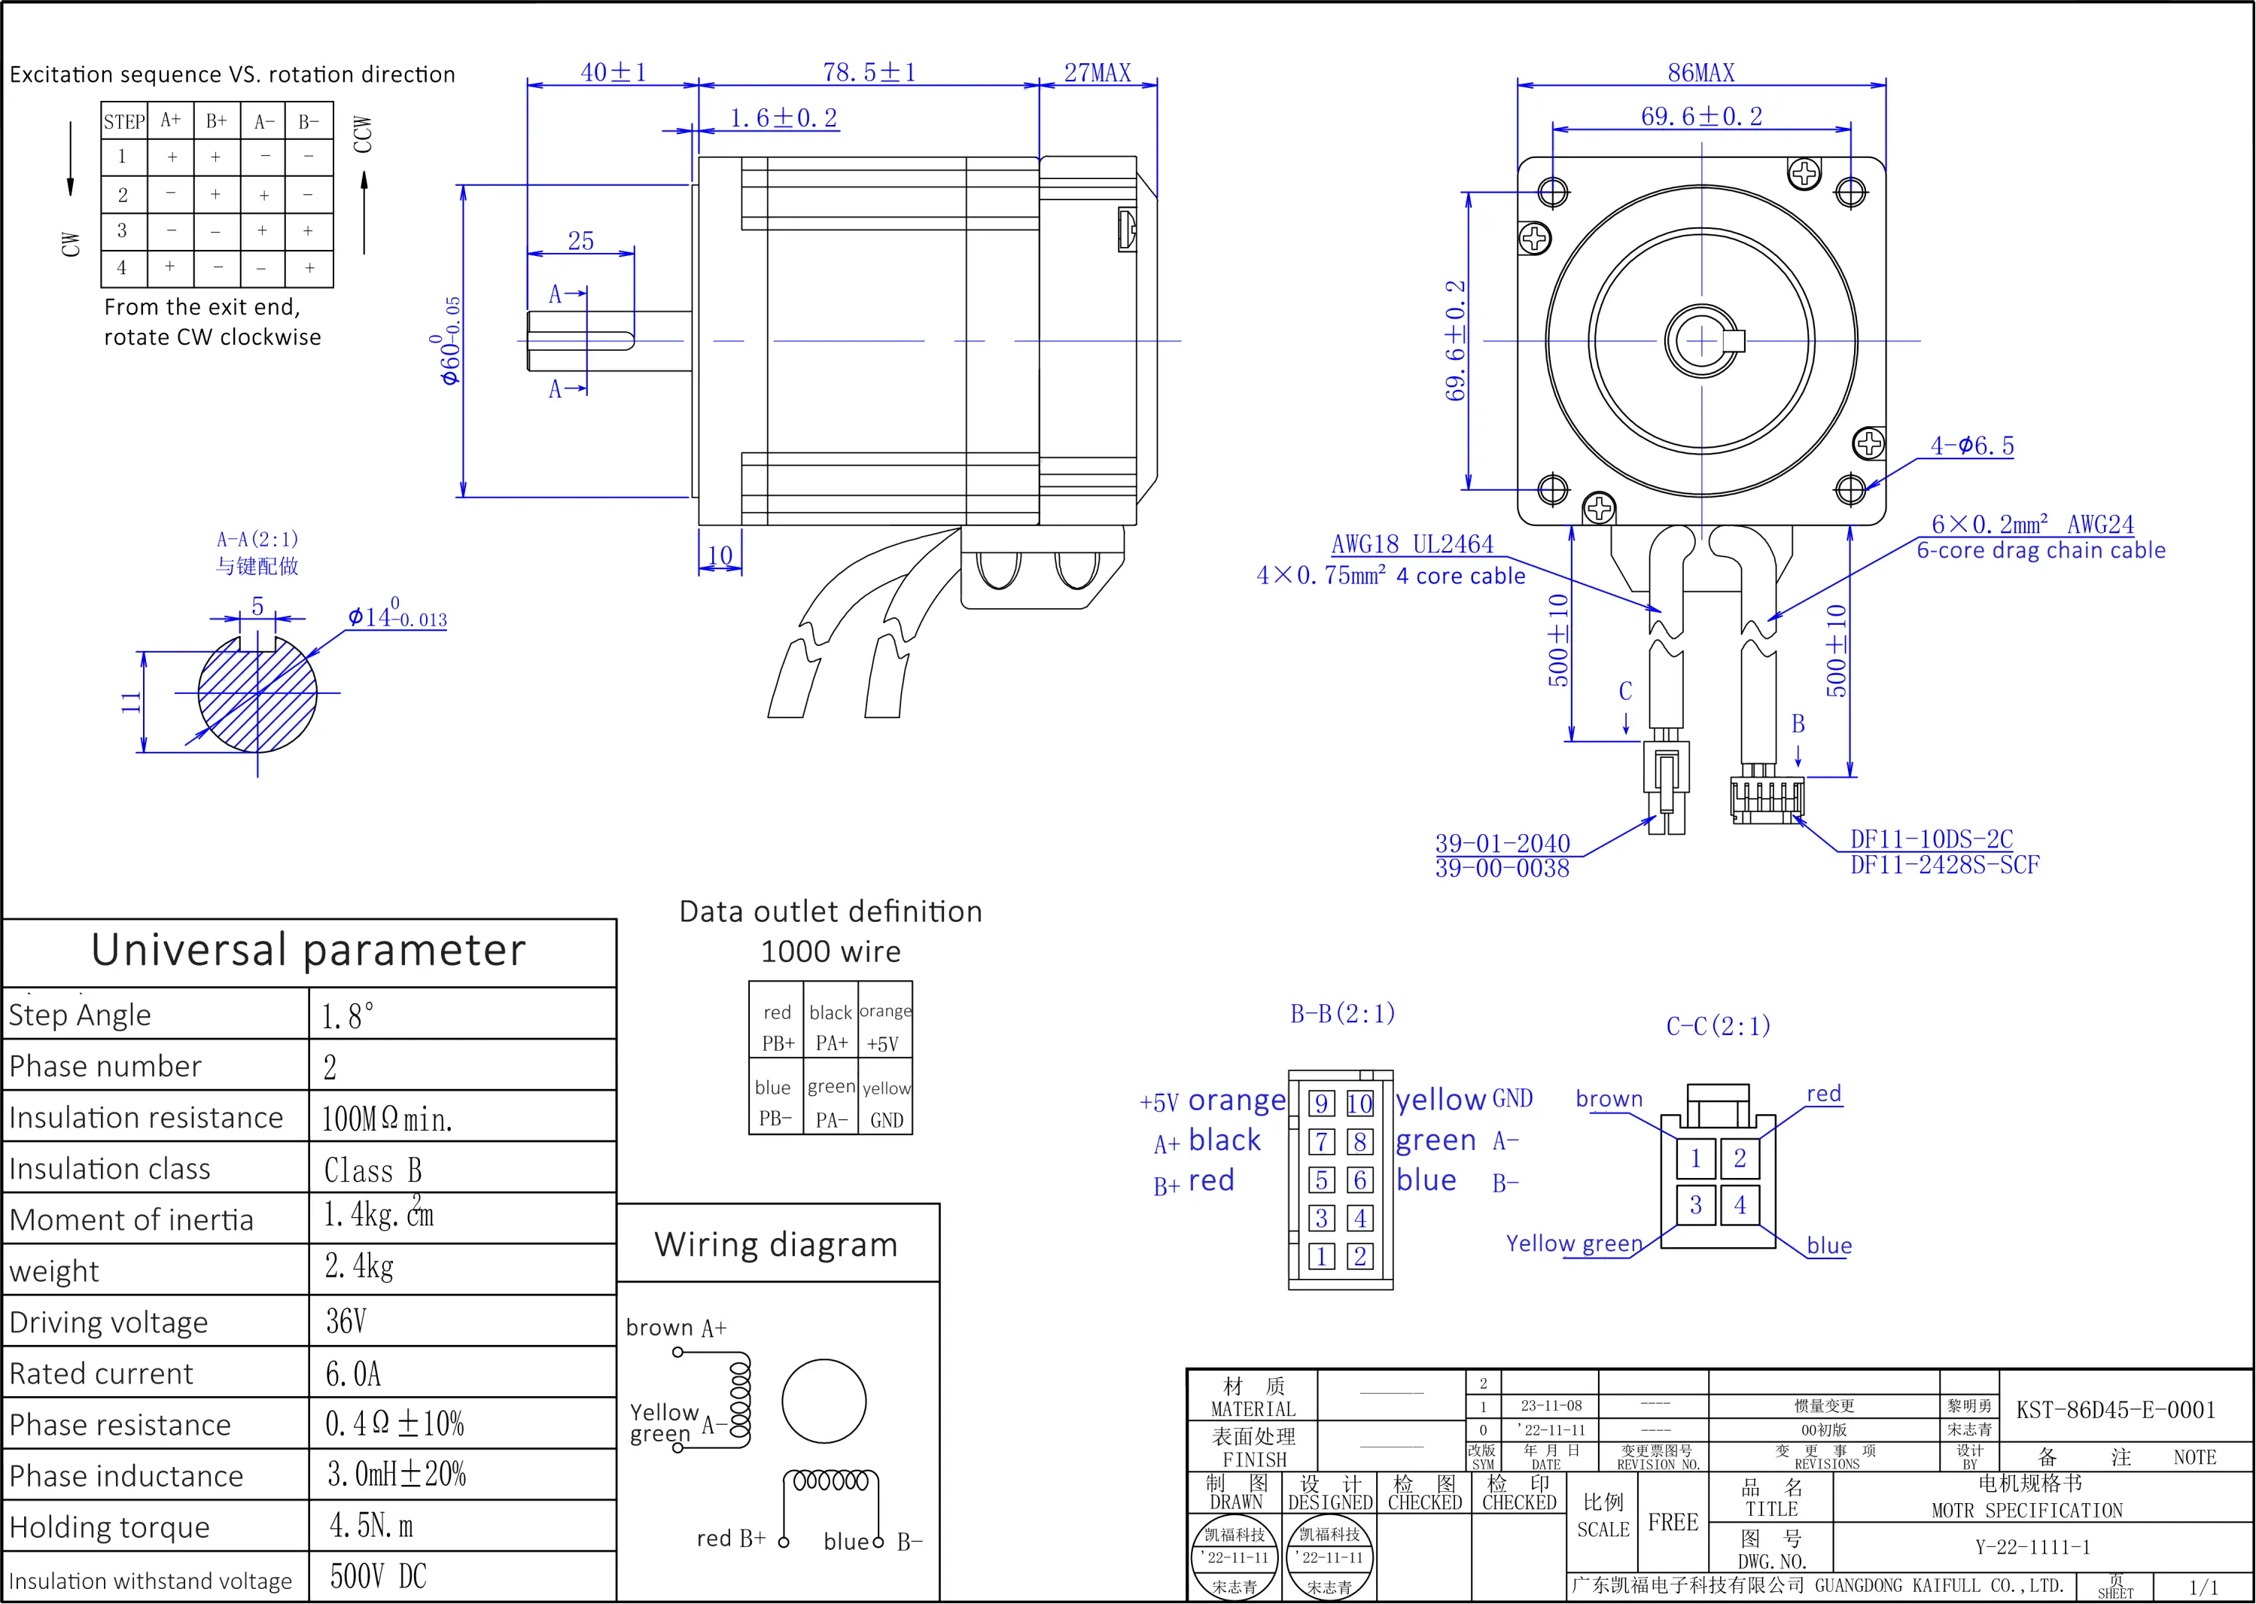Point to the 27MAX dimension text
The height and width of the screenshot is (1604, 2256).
[x=1097, y=73]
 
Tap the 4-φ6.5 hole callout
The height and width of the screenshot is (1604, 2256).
[x=1971, y=446]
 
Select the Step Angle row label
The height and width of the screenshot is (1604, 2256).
[x=80, y=1015]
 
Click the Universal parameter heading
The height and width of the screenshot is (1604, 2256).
[x=308, y=950]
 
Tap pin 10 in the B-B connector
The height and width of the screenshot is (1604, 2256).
[x=1359, y=1103]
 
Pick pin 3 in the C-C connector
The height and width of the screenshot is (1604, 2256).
[x=1695, y=1205]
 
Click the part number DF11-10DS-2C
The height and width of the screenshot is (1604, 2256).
[x=1930, y=839]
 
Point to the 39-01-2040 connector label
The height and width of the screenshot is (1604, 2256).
[x=1502, y=844]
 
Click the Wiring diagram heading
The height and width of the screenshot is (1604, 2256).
[x=775, y=1244]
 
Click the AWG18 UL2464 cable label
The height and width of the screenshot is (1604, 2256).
[x=1411, y=544]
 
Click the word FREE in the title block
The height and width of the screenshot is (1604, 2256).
[x=1673, y=1523]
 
